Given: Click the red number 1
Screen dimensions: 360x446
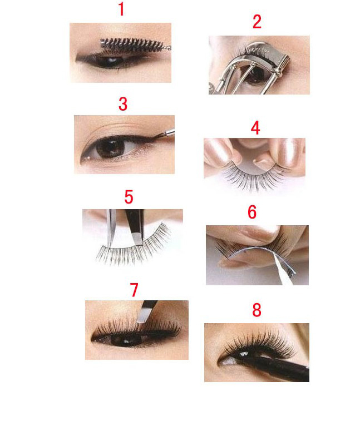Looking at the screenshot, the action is click(121, 9).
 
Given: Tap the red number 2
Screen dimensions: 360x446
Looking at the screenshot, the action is click(257, 22).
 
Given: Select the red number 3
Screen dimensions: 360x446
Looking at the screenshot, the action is click(123, 104).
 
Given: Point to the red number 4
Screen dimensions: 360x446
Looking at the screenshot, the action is click(255, 128).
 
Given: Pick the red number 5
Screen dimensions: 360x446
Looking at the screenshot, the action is click(129, 197).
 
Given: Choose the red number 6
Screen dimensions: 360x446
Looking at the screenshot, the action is click(252, 212).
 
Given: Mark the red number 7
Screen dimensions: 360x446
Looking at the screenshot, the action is click(134, 290).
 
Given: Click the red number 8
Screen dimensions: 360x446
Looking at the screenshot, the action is click(257, 310).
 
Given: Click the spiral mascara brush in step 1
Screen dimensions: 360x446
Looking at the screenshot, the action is click(134, 45).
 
